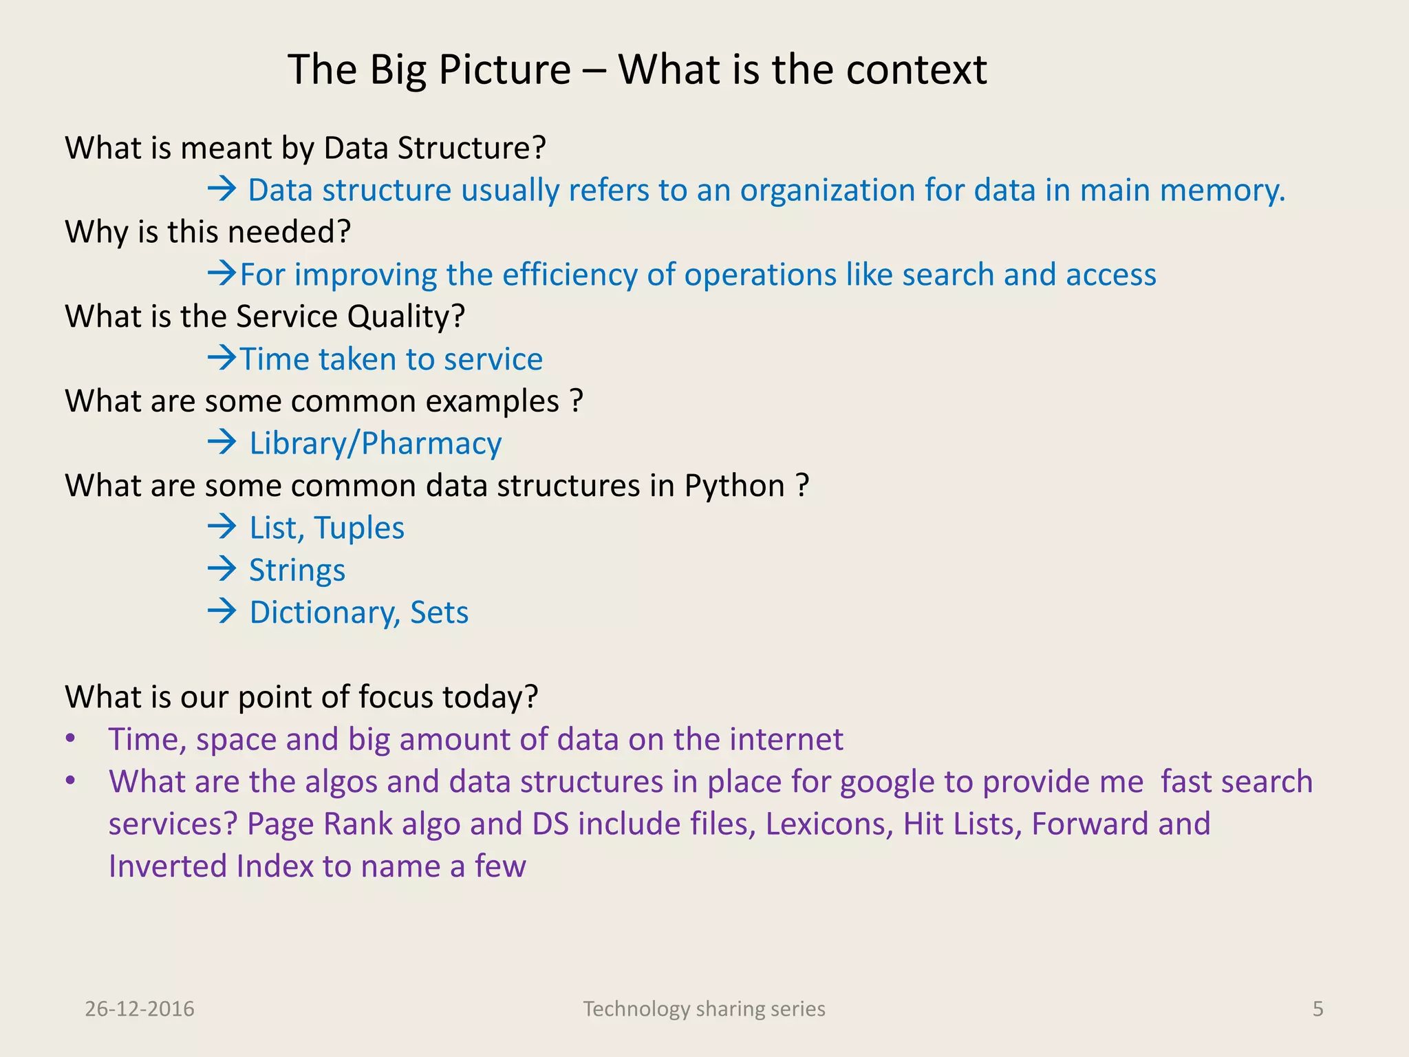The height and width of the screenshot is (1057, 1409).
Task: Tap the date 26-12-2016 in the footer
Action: pyautogui.click(x=140, y=1009)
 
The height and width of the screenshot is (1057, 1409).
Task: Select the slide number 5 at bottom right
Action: pyautogui.click(x=1317, y=1009)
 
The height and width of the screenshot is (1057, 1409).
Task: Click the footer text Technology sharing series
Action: pyautogui.click(x=704, y=1009)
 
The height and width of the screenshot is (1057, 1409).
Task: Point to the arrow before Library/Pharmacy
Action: pyautogui.click(x=222, y=442)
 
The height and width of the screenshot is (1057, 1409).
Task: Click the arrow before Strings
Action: pyautogui.click(x=222, y=569)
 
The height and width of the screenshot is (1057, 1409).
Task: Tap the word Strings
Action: pyautogui.click(x=297, y=571)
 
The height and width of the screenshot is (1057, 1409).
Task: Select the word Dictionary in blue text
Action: pyautogui.click(x=321, y=613)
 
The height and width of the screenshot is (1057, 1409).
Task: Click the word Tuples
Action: pyautogui.click(x=359, y=528)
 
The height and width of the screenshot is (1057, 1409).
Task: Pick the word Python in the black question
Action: pyautogui.click(x=734, y=487)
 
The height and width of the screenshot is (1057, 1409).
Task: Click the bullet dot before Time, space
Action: pyautogui.click(x=70, y=739)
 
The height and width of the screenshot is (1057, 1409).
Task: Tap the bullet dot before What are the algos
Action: pyautogui.click(x=70, y=782)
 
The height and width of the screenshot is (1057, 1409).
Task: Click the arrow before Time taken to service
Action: pyautogui.click(x=222, y=358)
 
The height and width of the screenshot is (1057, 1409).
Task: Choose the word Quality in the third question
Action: pyautogui.click(x=405, y=317)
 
